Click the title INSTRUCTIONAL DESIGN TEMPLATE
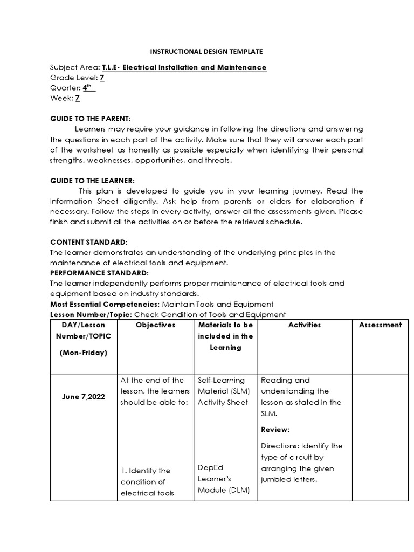coord(206,52)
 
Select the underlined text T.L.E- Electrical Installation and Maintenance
coord(184,67)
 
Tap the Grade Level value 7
coord(102,78)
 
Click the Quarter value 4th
coord(88,88)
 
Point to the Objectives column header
coord(155,325)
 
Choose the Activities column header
coord(304,325)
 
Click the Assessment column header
coord(380,325)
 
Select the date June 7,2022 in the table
coord(84,397)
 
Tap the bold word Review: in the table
coord(275,430)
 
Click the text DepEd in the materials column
coord(210,468)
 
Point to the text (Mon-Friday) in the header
coord(84,353)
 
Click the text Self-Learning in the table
coord(221,381)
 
